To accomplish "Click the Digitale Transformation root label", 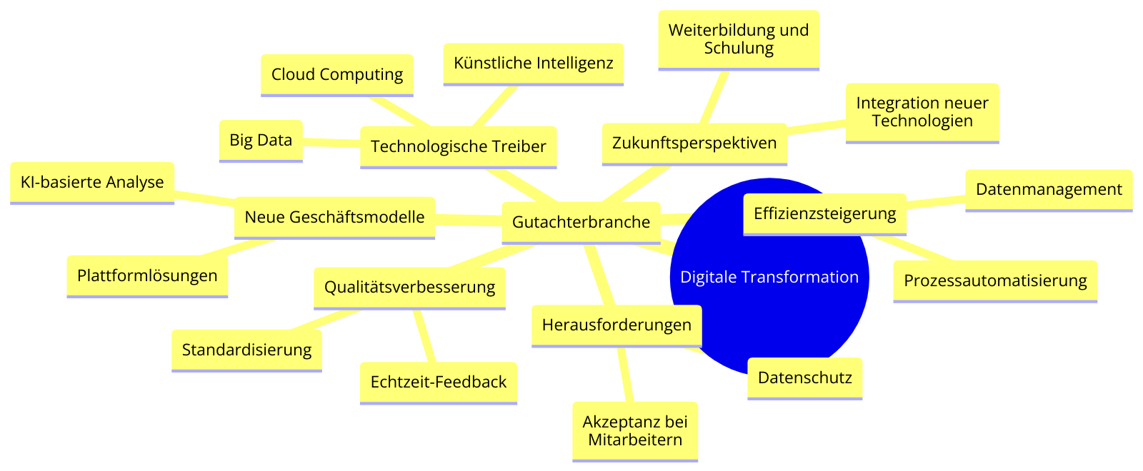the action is [769, 277].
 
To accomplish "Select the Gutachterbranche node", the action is [581, 223].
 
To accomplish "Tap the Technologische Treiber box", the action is [458, 147].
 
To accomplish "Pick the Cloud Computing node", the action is [336, 75].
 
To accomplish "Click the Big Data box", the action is [261, 141].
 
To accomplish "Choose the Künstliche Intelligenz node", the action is [533, 64].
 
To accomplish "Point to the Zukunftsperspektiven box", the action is [694, 144].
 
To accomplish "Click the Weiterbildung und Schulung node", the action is [739, 40].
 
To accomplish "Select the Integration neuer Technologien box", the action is [922, 113].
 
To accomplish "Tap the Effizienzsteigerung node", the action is [824, 215].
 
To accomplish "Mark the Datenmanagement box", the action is [1049, 191].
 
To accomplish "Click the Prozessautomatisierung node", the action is [995, 281].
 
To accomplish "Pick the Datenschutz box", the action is [804, 379].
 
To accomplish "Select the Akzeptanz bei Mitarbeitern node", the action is [635, 432].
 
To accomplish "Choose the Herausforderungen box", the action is [617, 325].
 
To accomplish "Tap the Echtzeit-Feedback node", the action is [439, 383].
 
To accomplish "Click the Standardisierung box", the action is [246, 350].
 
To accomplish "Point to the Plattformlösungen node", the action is [147, 276].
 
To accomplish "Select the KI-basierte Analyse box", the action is [92, 183].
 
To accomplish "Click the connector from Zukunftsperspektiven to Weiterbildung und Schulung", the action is [714, 97].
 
